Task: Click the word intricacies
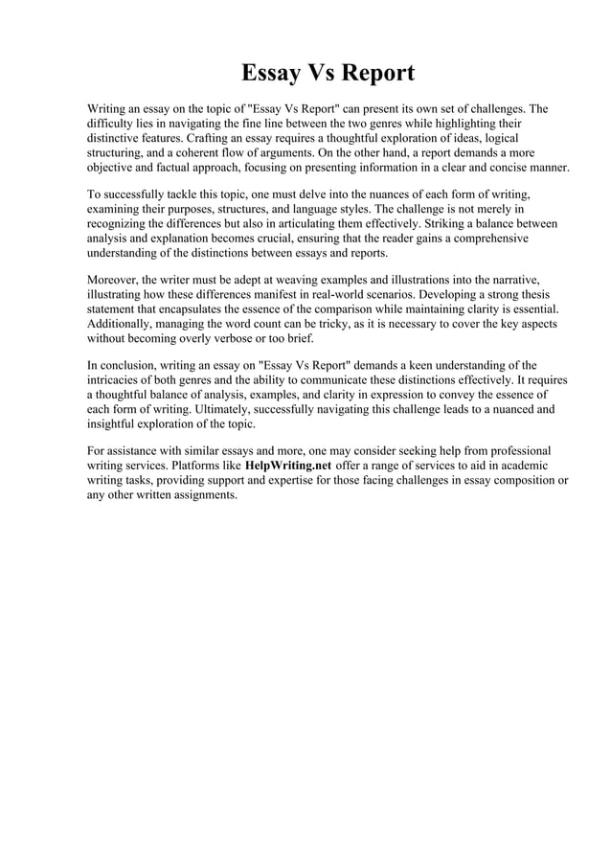click(x=117, y=379)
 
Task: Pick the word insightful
click(x=114, y=422)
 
